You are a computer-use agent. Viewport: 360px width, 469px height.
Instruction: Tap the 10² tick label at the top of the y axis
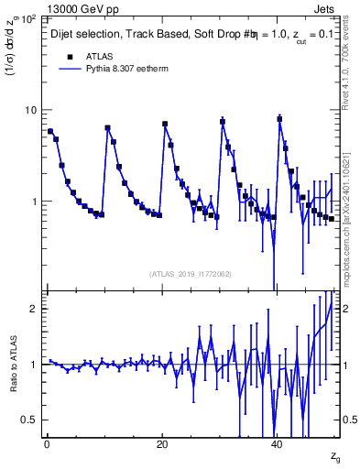[29, 17]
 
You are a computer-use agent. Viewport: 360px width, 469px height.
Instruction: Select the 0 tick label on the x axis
[47, 444]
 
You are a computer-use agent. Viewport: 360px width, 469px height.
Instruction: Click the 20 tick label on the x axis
[162, 444]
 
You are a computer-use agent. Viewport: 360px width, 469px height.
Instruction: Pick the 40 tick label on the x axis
[278, 444]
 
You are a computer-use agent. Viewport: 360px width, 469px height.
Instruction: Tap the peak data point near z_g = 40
[279, 119]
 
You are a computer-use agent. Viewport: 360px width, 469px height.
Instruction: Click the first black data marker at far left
[50, 131]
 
